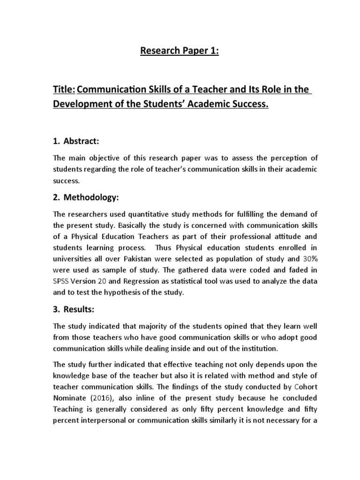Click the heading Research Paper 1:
coord(180,51)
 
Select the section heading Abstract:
coord(82,141)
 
